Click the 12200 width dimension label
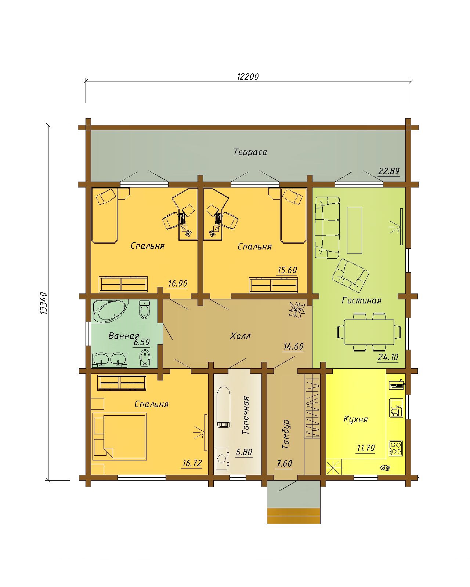(x=247, y=77)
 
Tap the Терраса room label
(x=250, y=152)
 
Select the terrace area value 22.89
(x=388, y=171)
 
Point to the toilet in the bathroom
(x=144, y=309)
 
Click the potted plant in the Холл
(x=297, y=310)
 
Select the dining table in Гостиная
(x=369, y=332)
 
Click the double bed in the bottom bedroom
(x=119, y=435)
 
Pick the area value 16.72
(x=192, y=463)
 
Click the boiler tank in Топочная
(x=223, y=408)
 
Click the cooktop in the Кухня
(x=396, y=448)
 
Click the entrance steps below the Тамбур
(x=294, y=516)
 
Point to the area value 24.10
(x=388, y=357)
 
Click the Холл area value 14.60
(x=293, y=346)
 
